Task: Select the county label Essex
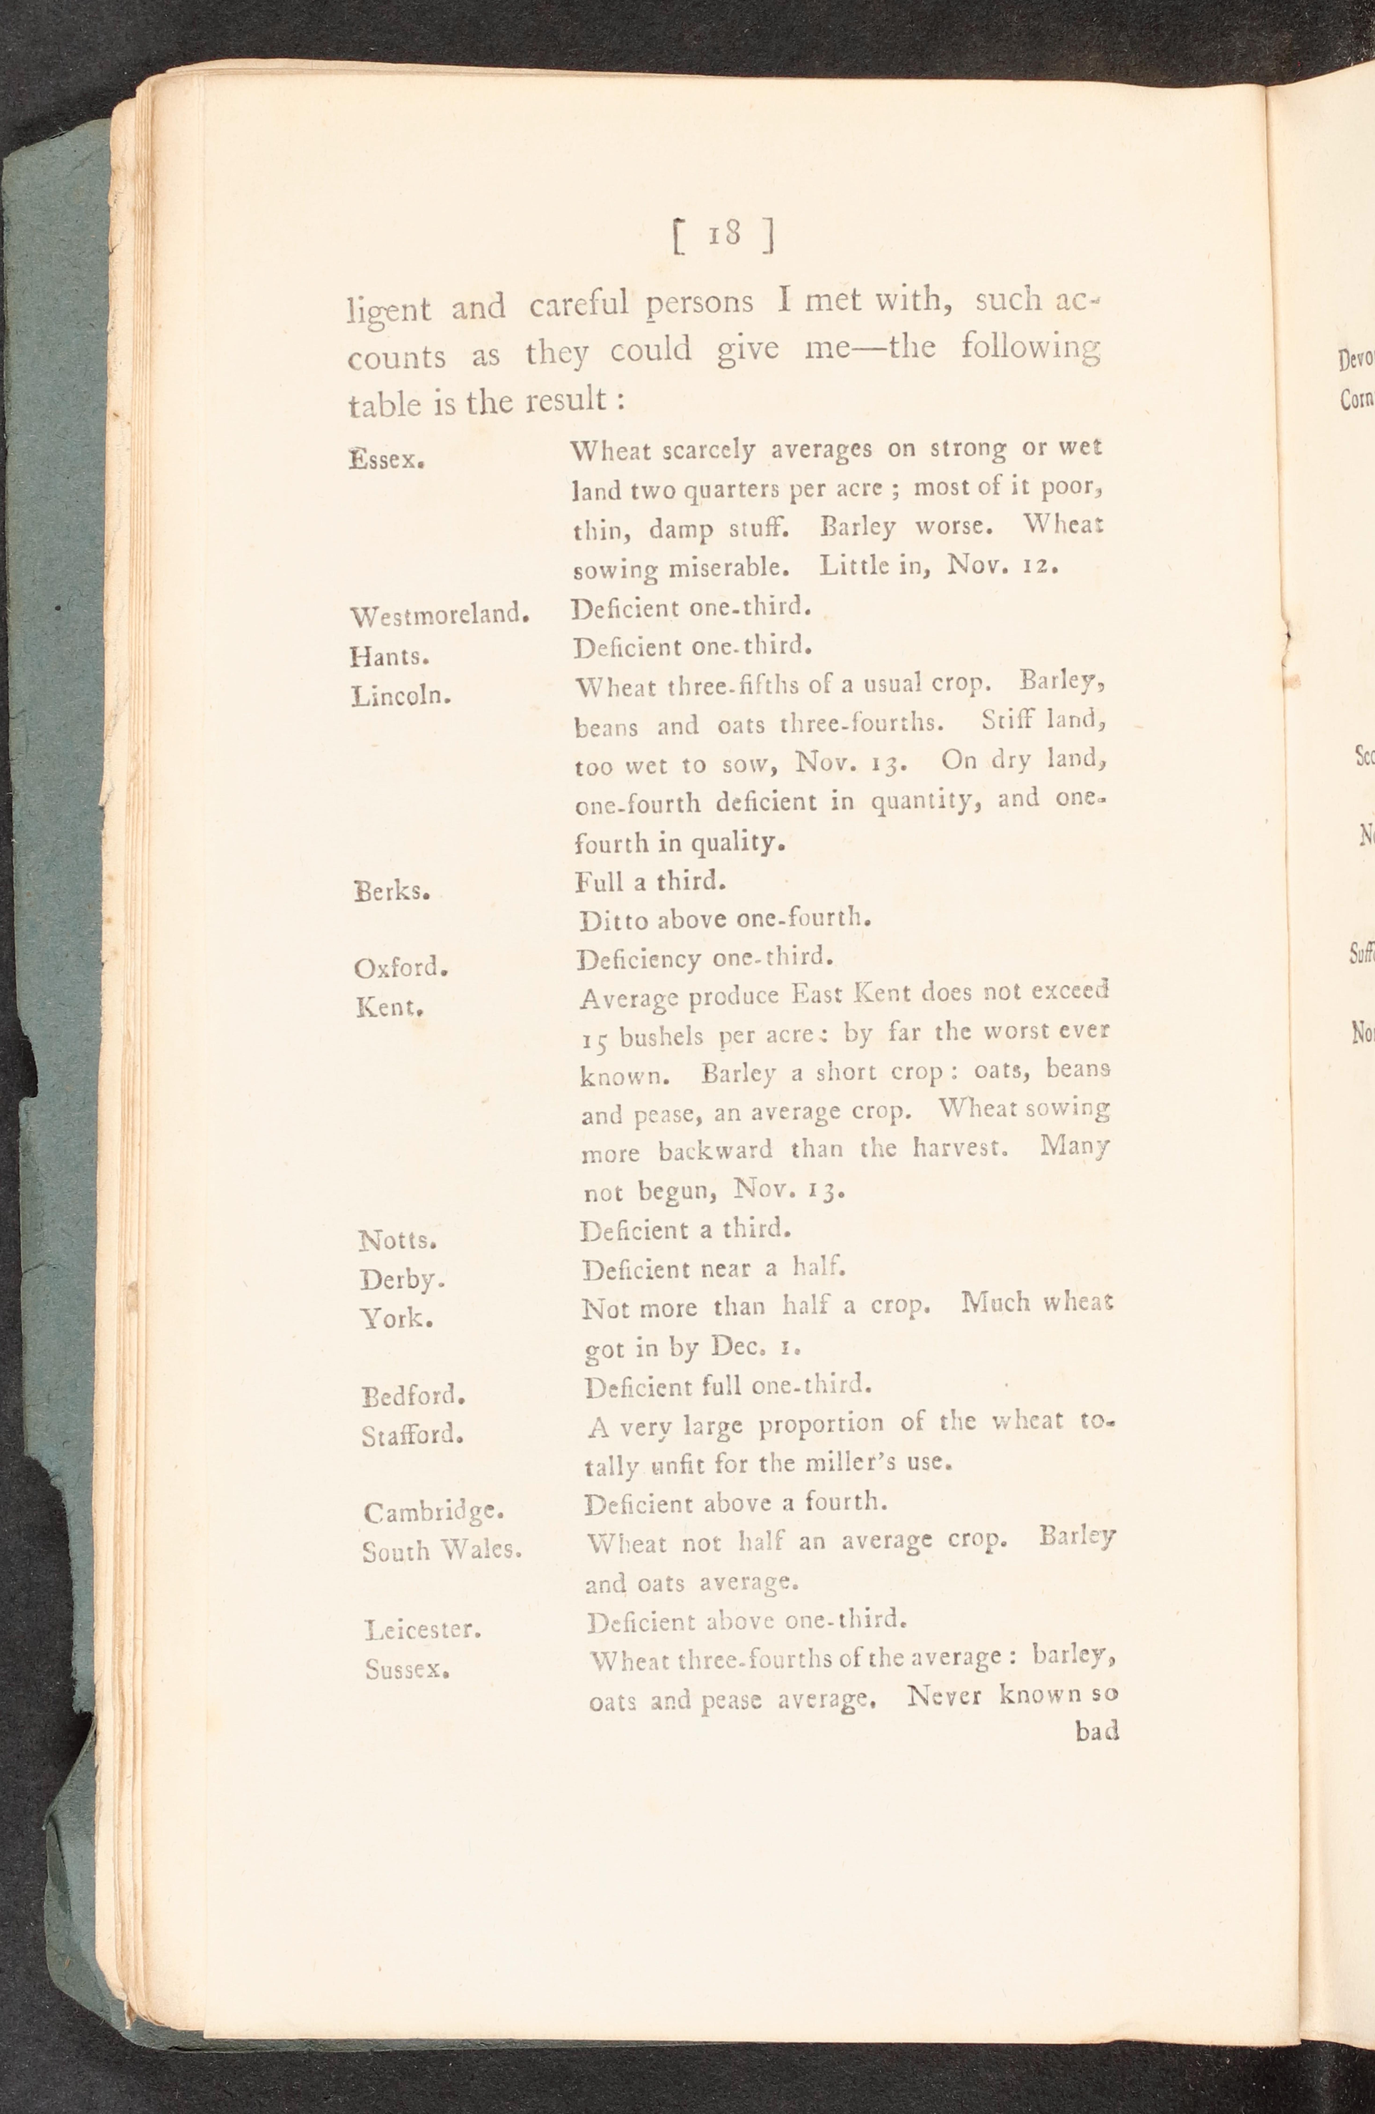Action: [386, 459]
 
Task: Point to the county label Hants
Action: [390, 656]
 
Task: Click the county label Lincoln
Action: [401, 695]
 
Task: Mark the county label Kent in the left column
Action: [389, 1007]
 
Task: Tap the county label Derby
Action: [401, 1280]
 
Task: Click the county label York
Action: [396, 1319]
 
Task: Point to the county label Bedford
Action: [413, 1396]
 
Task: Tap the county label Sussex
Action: [406, 1670]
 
